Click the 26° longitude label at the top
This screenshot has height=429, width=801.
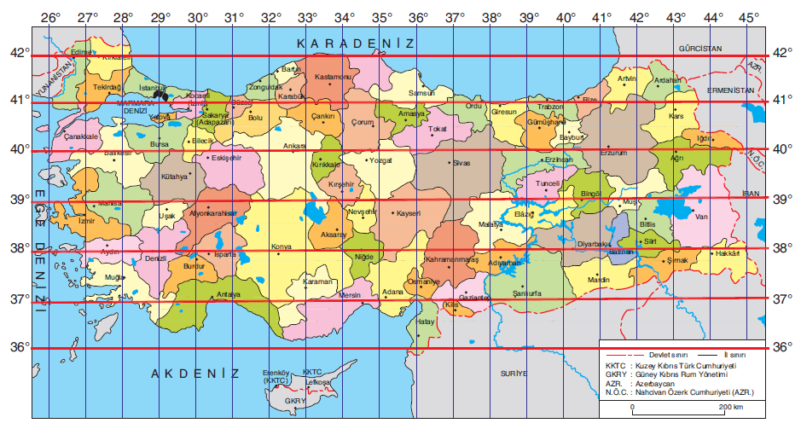tap(49, 17)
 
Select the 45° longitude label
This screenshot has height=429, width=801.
tap(748, 17)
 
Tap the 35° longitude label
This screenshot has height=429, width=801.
tap(381, 17)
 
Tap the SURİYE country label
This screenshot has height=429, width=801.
tap(514, 374)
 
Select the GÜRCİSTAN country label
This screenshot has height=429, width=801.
tap(701, 50)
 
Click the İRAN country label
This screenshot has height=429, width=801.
tap(751, 194)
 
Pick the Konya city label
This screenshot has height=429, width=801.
tap(281, 247)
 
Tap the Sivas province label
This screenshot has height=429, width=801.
tap(461, 161)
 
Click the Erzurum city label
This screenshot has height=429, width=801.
tap(613, 153)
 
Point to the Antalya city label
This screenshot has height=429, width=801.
tap(229, 294)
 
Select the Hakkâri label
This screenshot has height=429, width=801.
tap(727, 253)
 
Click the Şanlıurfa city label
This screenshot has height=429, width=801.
tap(526, 293)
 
